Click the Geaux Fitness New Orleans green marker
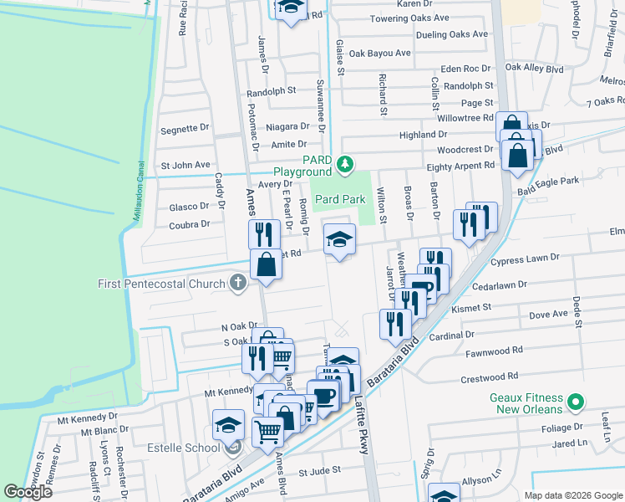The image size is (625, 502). tap(574, 403)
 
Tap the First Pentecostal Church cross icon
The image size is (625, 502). tap(238, 283)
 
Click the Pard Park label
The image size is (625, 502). tap(340, 200)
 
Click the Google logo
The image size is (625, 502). tap(28, 492)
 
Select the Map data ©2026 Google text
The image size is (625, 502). tap(573, 495)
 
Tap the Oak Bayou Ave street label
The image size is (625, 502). tap(380, 54)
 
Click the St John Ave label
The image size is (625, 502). tap(185, 165)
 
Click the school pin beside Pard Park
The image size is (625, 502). tap(339, 241)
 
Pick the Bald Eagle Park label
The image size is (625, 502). tap(548, 182)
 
